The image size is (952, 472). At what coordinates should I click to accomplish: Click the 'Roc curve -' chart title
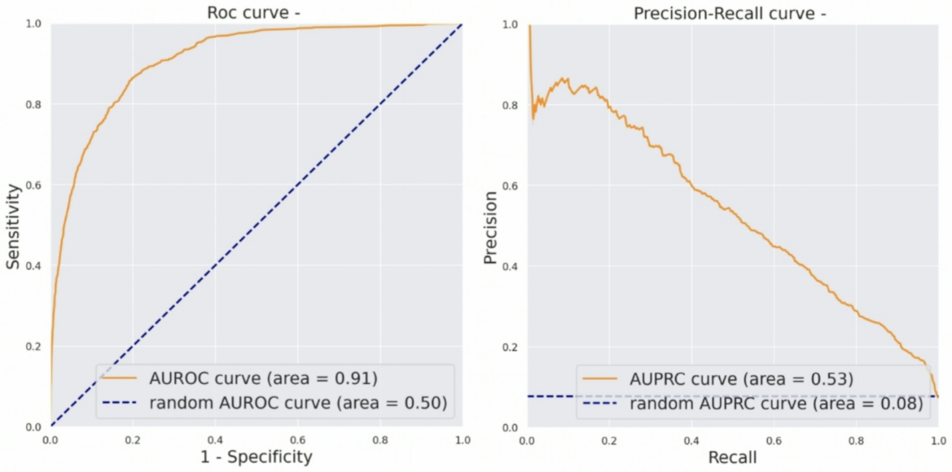pos(253,13)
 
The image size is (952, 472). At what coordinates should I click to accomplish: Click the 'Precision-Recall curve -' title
pos(730,14)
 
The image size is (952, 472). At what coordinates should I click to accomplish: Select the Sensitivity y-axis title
pos(13,227)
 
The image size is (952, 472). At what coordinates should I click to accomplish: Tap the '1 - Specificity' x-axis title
pos(256,457)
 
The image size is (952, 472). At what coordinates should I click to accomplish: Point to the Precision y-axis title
pos(490,228)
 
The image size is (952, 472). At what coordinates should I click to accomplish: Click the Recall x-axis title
pos(732,458)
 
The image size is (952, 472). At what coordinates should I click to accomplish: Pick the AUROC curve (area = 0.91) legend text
pos(263,379)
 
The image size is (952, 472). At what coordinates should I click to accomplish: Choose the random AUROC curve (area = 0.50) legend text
pos(298,403)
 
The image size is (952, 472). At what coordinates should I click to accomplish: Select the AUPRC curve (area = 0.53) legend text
pos(741,379)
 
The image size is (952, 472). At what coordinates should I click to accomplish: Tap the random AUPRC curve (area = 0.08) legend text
pos(776,404)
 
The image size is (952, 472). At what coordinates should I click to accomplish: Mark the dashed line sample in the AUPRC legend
pos(600,404)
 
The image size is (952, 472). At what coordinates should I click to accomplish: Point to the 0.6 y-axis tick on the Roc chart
pos(33,185)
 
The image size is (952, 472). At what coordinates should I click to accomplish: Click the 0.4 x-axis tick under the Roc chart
pos(215,440)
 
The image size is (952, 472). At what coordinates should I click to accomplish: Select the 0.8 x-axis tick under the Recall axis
pos(856,441)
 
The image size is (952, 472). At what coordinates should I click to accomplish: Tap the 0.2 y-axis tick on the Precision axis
pos(510,347)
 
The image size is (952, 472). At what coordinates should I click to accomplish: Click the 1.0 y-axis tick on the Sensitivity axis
pos(33,24)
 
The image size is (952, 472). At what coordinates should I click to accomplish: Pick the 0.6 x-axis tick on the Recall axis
pos(773,441)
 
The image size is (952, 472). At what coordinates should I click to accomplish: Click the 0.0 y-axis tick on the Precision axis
pos(510,428)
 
